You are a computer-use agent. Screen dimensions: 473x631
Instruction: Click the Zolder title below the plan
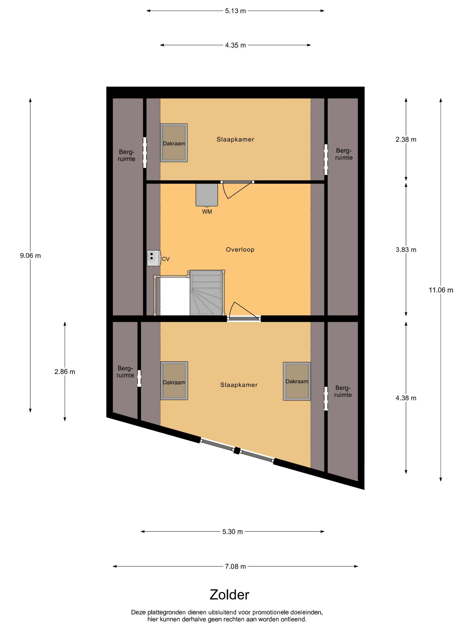(x=229, y=595)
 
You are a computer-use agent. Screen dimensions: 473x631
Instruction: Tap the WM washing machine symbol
(x=207, y=195)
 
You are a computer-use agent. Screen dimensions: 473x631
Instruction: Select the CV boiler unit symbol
(x=154, y=258)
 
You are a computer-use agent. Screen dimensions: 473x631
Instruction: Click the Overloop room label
(x=240, y=250)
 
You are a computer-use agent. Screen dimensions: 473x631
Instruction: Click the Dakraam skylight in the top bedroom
(x=174, y=143)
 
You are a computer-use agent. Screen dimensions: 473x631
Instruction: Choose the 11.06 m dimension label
(x=441, y=290)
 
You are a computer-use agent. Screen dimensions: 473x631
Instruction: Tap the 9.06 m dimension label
(x=30, y=255)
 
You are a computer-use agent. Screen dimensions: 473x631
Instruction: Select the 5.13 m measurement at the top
(x=236, y=11)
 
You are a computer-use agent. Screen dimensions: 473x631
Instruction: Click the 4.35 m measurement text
(x=236, y=45)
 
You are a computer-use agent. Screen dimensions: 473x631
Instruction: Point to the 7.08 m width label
(x=236, y=566)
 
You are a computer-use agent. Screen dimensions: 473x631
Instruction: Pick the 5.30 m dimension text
(x=233, y=531)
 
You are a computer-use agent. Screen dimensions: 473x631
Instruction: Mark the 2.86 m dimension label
(x=65, y=372)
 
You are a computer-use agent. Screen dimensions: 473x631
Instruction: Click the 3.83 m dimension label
(x=406, y=250)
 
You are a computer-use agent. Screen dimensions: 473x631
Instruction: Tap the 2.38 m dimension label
(x=406, y=139)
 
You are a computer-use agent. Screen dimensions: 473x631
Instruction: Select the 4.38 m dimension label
(x=406, y=398)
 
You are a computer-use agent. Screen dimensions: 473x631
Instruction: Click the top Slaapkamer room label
(x=235, y=139)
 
